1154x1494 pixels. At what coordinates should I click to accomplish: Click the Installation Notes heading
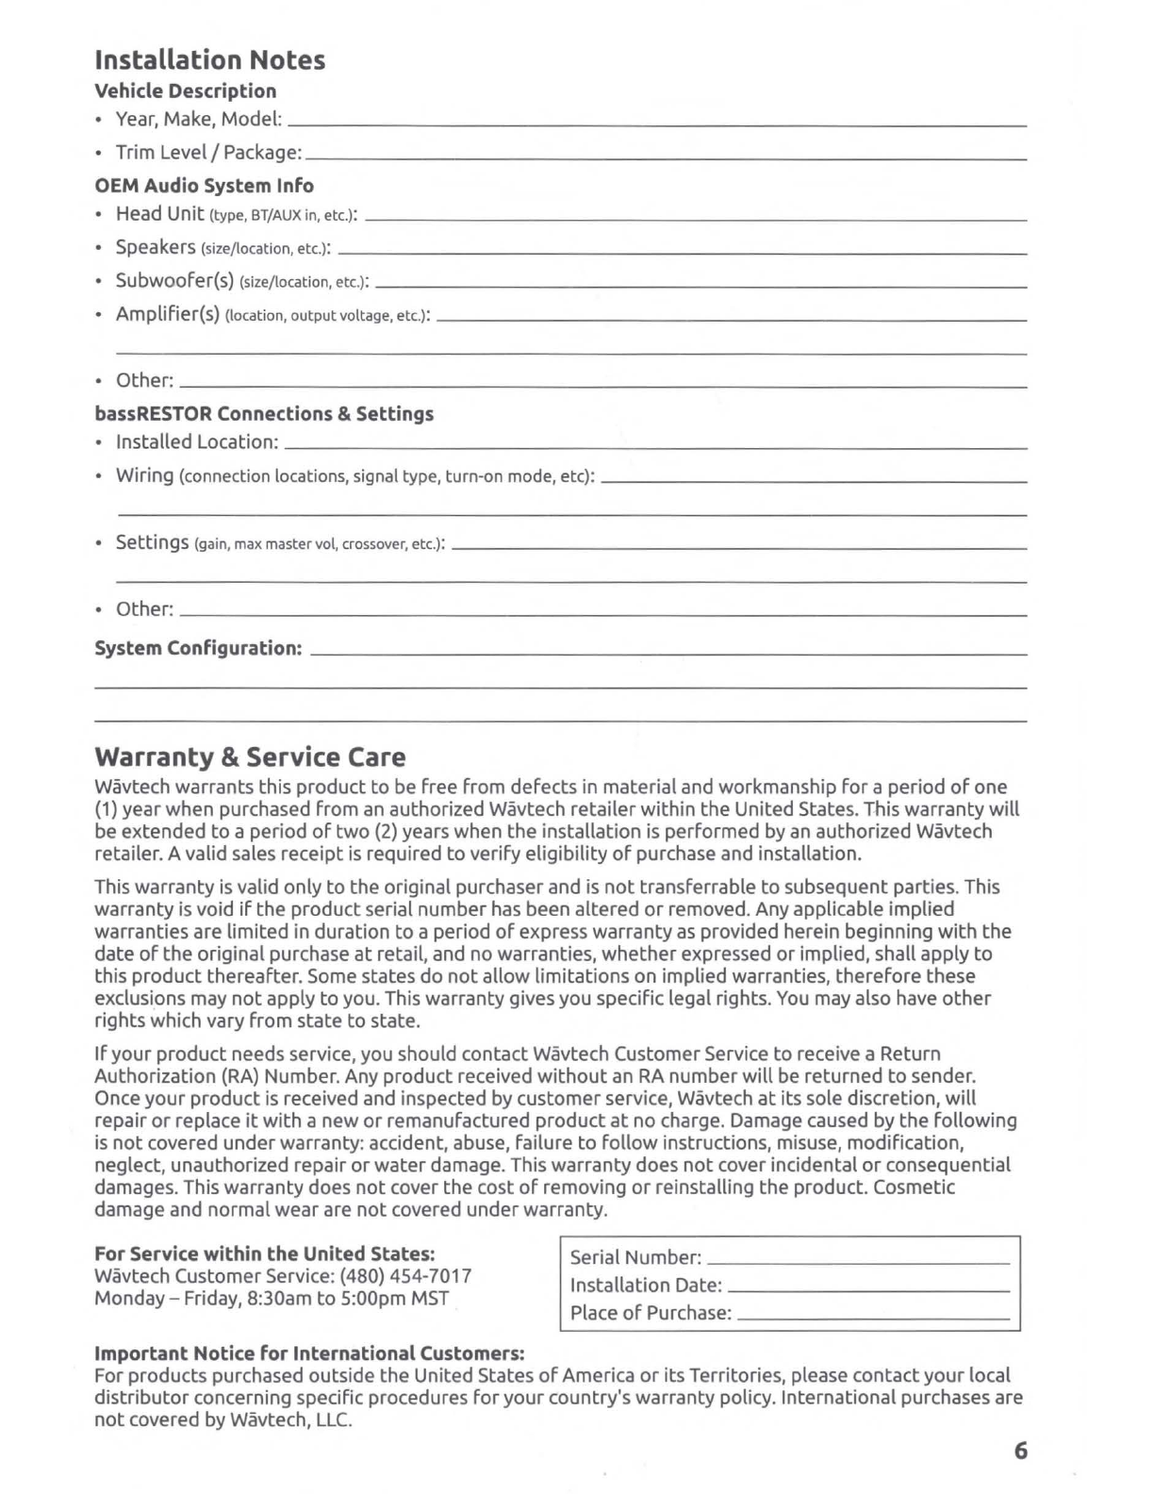(209, 60)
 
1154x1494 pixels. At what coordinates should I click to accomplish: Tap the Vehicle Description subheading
(185, 91)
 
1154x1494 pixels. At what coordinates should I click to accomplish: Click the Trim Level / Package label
(208, 153)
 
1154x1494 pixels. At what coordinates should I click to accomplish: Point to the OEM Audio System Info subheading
(204, 186)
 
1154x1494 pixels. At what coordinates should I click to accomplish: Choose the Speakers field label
(156, 247)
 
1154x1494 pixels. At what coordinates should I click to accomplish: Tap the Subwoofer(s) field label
(174, 281)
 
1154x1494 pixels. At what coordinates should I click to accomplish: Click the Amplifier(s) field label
(168, 314)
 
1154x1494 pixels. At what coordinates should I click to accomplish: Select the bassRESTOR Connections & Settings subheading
(264, 414)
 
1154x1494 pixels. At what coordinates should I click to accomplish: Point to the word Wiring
(144, 475)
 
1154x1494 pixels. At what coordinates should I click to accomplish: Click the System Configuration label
(198, 649)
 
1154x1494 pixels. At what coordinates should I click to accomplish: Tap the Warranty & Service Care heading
(250, 757)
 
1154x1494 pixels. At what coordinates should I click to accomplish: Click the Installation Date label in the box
(646, 1286)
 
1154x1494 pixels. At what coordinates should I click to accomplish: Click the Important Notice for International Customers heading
(309, 1353)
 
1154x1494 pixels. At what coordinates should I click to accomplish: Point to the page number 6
(1020, 1451)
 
